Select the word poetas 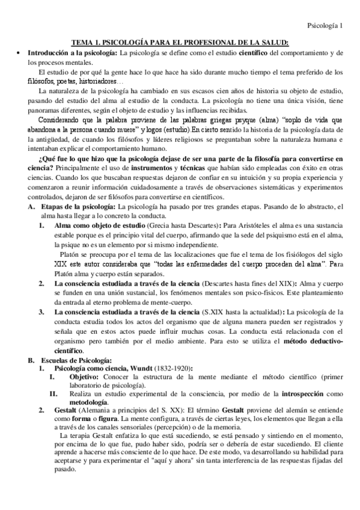66,81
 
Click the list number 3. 42,312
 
